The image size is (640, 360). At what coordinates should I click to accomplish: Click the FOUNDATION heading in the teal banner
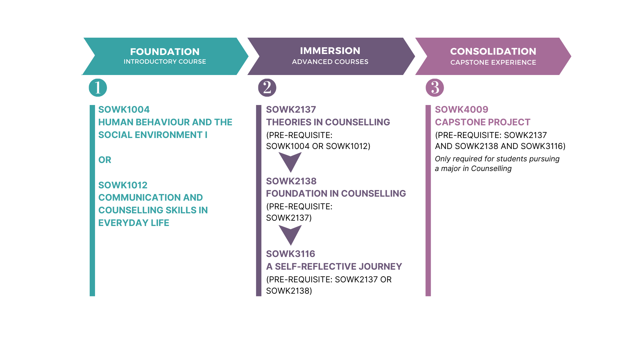(165, 52)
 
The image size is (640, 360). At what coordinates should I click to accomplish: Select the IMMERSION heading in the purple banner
(330, 51)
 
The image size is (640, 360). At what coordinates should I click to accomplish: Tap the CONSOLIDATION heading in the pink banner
(493, 51)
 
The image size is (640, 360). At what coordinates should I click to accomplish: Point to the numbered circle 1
(98, 88)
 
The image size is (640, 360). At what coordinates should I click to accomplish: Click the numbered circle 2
(267, 88)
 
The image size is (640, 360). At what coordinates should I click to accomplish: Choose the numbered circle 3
(435, 88)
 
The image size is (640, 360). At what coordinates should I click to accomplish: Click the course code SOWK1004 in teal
(124, 109)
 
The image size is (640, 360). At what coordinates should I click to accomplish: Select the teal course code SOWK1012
(123, 185)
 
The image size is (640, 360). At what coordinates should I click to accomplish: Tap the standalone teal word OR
(105, 160)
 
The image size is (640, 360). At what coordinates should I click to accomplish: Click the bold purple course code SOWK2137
(291, 109)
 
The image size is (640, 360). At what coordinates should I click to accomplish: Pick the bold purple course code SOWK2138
(291, 181)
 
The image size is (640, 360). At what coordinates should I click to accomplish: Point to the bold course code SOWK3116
(290, 254)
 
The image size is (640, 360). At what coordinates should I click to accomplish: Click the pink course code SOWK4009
(461, 109)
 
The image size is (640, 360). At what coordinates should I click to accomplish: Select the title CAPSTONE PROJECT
(482, 122)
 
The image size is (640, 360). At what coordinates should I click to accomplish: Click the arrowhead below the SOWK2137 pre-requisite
(290, 161)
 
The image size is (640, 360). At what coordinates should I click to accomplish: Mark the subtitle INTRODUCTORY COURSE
(165, 62)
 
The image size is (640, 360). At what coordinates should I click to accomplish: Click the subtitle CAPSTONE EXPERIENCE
(493, 62)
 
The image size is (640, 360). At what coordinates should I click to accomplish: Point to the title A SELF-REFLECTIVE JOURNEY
(334, 266)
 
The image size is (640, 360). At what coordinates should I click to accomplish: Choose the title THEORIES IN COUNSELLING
(328, 122)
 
